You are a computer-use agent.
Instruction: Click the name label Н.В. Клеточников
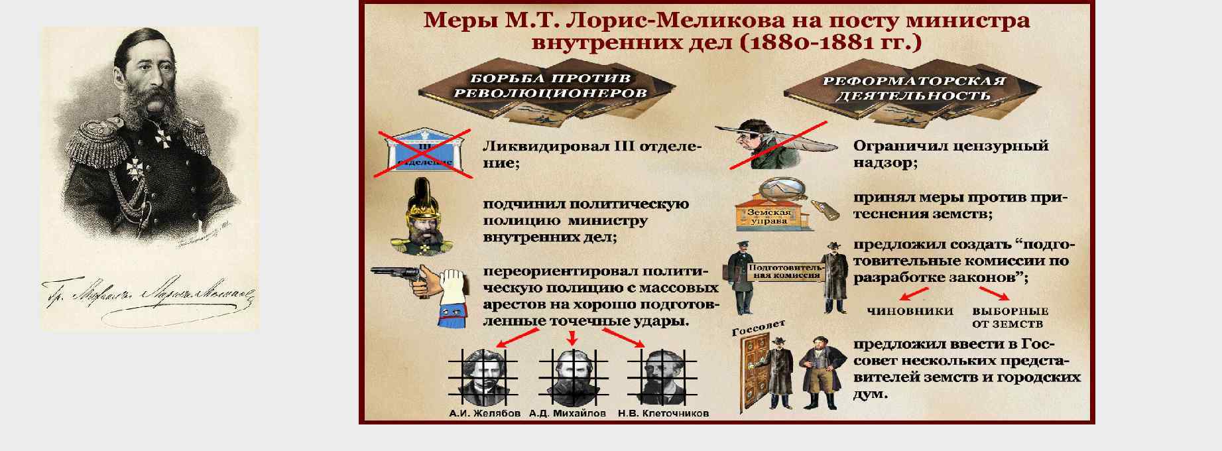(x=663, y=414)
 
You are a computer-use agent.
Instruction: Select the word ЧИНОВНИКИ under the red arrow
(x=910, y=311)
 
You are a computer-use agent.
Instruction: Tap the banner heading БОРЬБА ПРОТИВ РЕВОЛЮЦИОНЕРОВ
(x=550, y=86)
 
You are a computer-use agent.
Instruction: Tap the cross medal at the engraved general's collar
(x=161, y=140)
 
